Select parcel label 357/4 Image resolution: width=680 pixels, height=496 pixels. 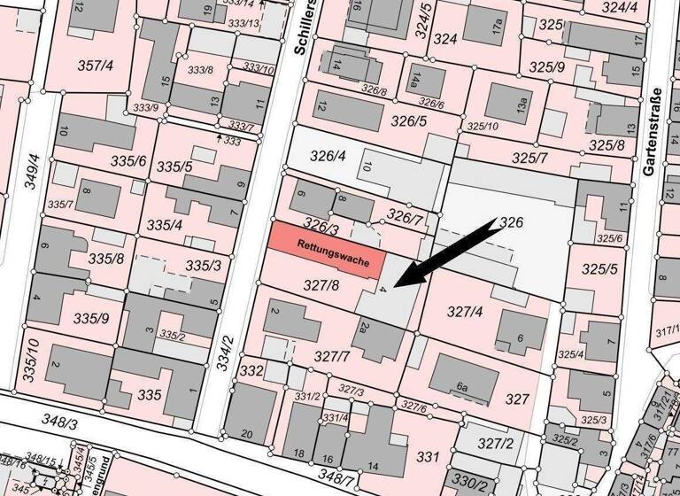[95, 65]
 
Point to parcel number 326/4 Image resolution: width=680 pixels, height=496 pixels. [328, 157]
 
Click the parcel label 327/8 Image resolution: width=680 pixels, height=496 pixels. [321, 286]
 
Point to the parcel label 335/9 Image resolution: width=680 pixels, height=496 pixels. [90, 318]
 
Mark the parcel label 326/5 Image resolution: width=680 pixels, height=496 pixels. [409, 121]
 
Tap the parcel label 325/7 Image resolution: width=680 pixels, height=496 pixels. [530, 158]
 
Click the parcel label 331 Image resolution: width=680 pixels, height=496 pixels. [428, 457]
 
